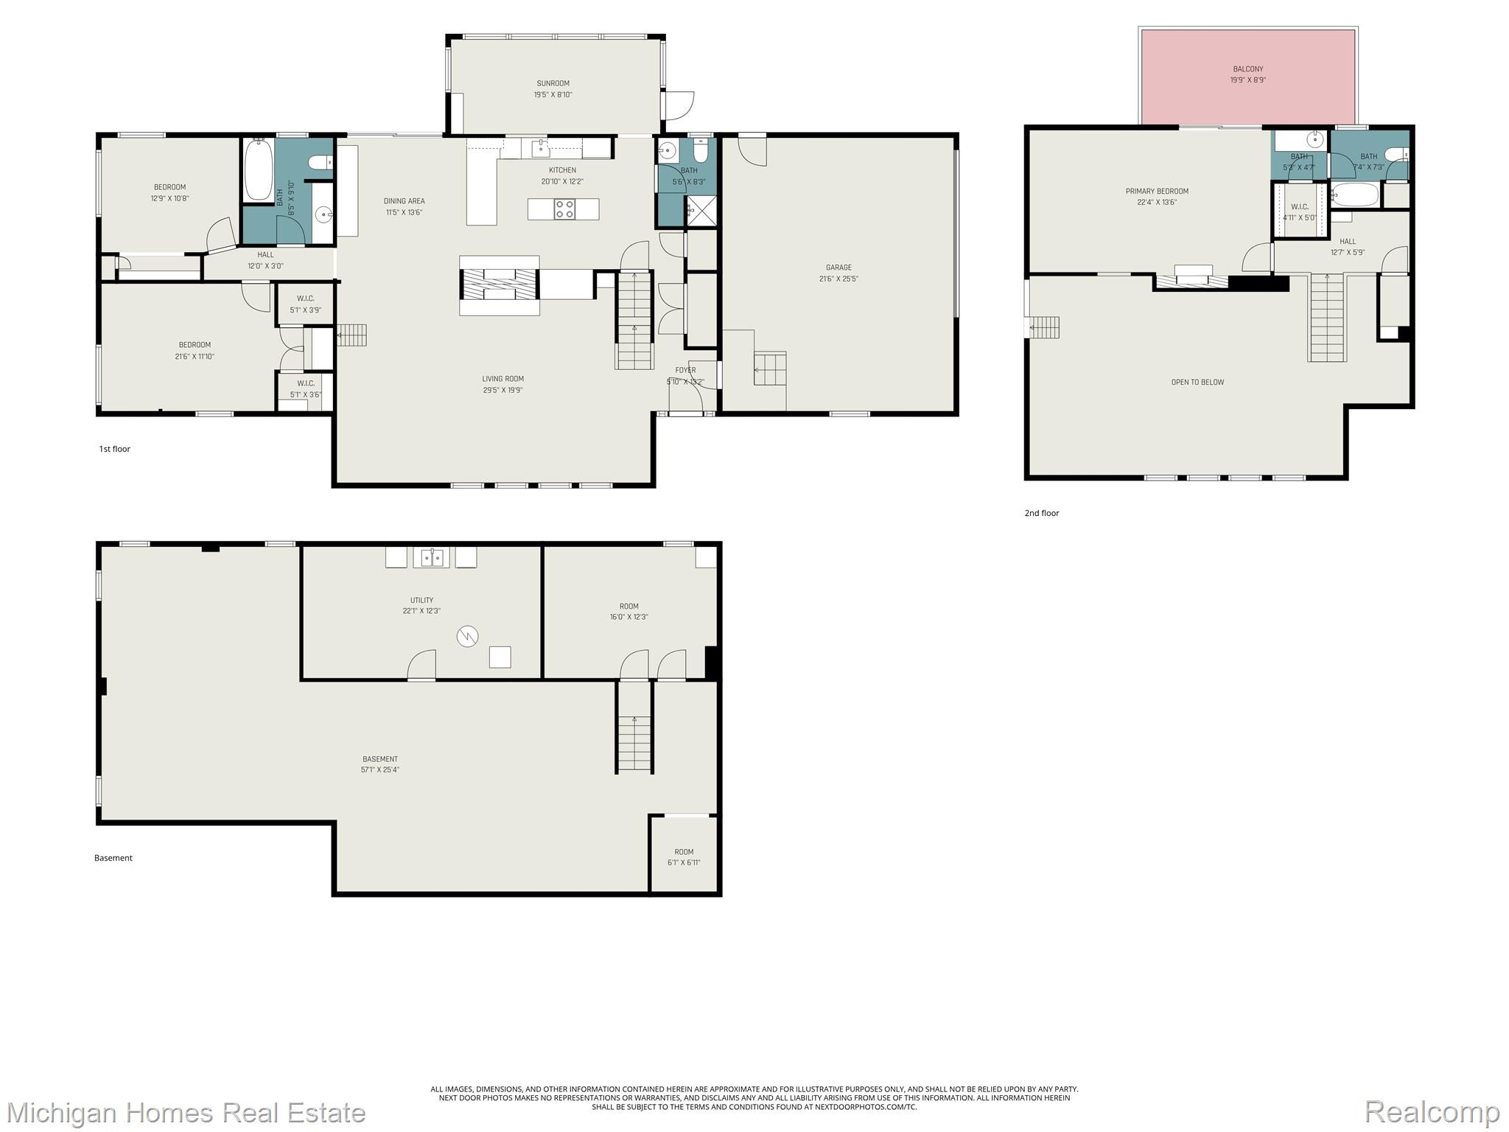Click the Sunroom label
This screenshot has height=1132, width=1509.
[x=553, y=83]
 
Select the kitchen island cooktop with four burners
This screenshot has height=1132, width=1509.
[x=564, y=209]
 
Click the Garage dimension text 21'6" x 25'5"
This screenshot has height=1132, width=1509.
[x=838, y=279]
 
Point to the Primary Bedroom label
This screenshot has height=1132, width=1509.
[x=1157, y=192]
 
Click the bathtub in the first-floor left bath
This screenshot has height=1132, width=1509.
[x=258, y=169]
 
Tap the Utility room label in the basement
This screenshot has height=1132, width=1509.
[x=421, y=600]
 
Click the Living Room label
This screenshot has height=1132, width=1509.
[x=503, y=379]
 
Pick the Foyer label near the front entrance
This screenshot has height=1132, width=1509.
[x=685, y=371]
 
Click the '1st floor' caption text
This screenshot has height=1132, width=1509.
[x=115, y=449]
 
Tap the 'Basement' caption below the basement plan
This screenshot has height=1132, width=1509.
[x=113, y=858]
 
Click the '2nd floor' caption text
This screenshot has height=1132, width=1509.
[x=1042, y=513]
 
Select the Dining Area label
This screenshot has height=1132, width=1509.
[x=404, y=201]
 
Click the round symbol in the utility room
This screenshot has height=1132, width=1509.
[x=467, y=636]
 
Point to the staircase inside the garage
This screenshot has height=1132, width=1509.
[x=770, y=368]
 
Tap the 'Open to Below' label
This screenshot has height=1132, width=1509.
[x=1197, y=382]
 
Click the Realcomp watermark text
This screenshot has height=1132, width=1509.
[x=1432, y=1112]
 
